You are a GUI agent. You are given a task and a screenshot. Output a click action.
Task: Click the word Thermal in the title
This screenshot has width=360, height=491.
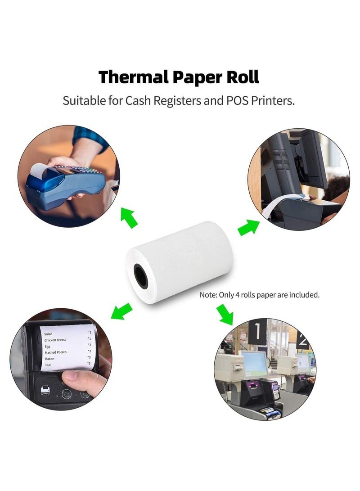point(133,77)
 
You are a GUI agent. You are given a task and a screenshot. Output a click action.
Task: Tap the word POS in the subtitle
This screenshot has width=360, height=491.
point(237,101)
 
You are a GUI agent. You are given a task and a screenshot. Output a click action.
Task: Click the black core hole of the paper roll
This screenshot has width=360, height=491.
point(141,276)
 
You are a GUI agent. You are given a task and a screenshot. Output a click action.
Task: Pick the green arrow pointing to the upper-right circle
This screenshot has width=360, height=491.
point(248,227)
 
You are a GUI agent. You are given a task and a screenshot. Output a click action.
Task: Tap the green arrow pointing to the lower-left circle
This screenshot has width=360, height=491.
point(121,311)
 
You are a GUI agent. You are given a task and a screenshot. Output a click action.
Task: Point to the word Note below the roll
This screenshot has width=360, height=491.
point(208,295)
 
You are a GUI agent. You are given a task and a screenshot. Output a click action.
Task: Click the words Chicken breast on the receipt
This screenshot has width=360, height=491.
point(55,340)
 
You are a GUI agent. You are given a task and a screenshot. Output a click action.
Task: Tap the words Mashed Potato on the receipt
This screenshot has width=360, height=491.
point(56,352)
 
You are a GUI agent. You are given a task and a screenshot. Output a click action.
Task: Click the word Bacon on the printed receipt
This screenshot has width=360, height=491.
point(50,359)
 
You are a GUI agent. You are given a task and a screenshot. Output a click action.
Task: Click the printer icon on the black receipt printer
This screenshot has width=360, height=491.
point(45,390)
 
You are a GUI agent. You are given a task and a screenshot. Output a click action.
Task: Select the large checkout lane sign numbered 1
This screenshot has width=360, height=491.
point(257,332)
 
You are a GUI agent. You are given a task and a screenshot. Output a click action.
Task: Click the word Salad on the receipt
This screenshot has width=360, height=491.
point(48,334)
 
